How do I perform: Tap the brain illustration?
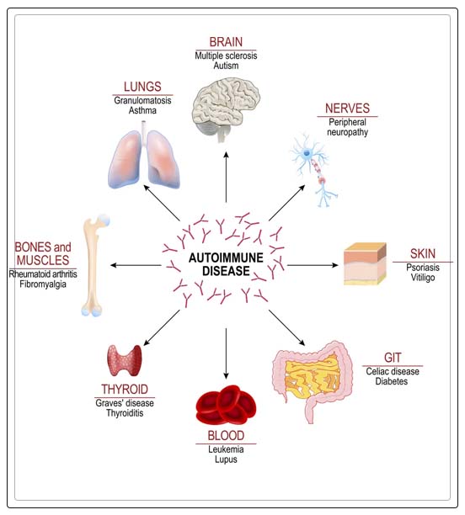(x=226, y=104)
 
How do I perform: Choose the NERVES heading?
(x=347, y=108)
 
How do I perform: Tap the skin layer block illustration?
(x=365, y=263)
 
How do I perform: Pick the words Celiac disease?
(x=393, y=370)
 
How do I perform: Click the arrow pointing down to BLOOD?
(x=226, y=353)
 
